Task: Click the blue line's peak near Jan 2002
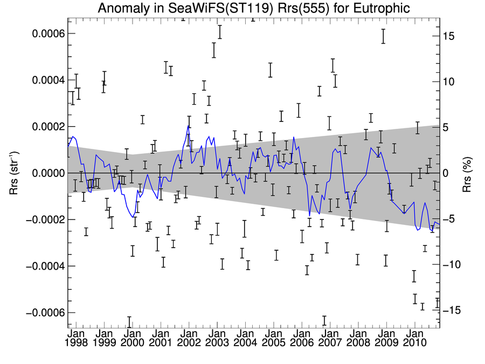coord(188,126)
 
